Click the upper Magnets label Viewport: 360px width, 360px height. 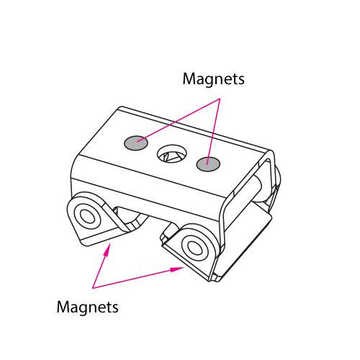(x=213, y=79)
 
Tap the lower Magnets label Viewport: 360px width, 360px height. (x=87, y=307)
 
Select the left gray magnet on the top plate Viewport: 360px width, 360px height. (x=136, y=143)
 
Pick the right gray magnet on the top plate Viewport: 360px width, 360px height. (x=208, y=164)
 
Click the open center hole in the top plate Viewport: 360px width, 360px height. (x=172, y=153)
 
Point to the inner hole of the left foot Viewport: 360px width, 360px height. (x=87, y=216)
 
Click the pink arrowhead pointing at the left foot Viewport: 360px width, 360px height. (x=107, y=250)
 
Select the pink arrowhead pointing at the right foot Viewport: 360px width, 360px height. (x=177, y=269)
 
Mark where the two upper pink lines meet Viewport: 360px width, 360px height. (x=220, y=99)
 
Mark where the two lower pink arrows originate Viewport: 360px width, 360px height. (x=93, y=288)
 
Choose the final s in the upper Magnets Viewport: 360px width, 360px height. (x=241, y=81)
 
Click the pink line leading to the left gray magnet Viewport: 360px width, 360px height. (x=178, y=120)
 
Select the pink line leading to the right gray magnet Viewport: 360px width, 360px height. (x=214, y=132)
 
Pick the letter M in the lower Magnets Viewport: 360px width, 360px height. (x=63, y=307)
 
